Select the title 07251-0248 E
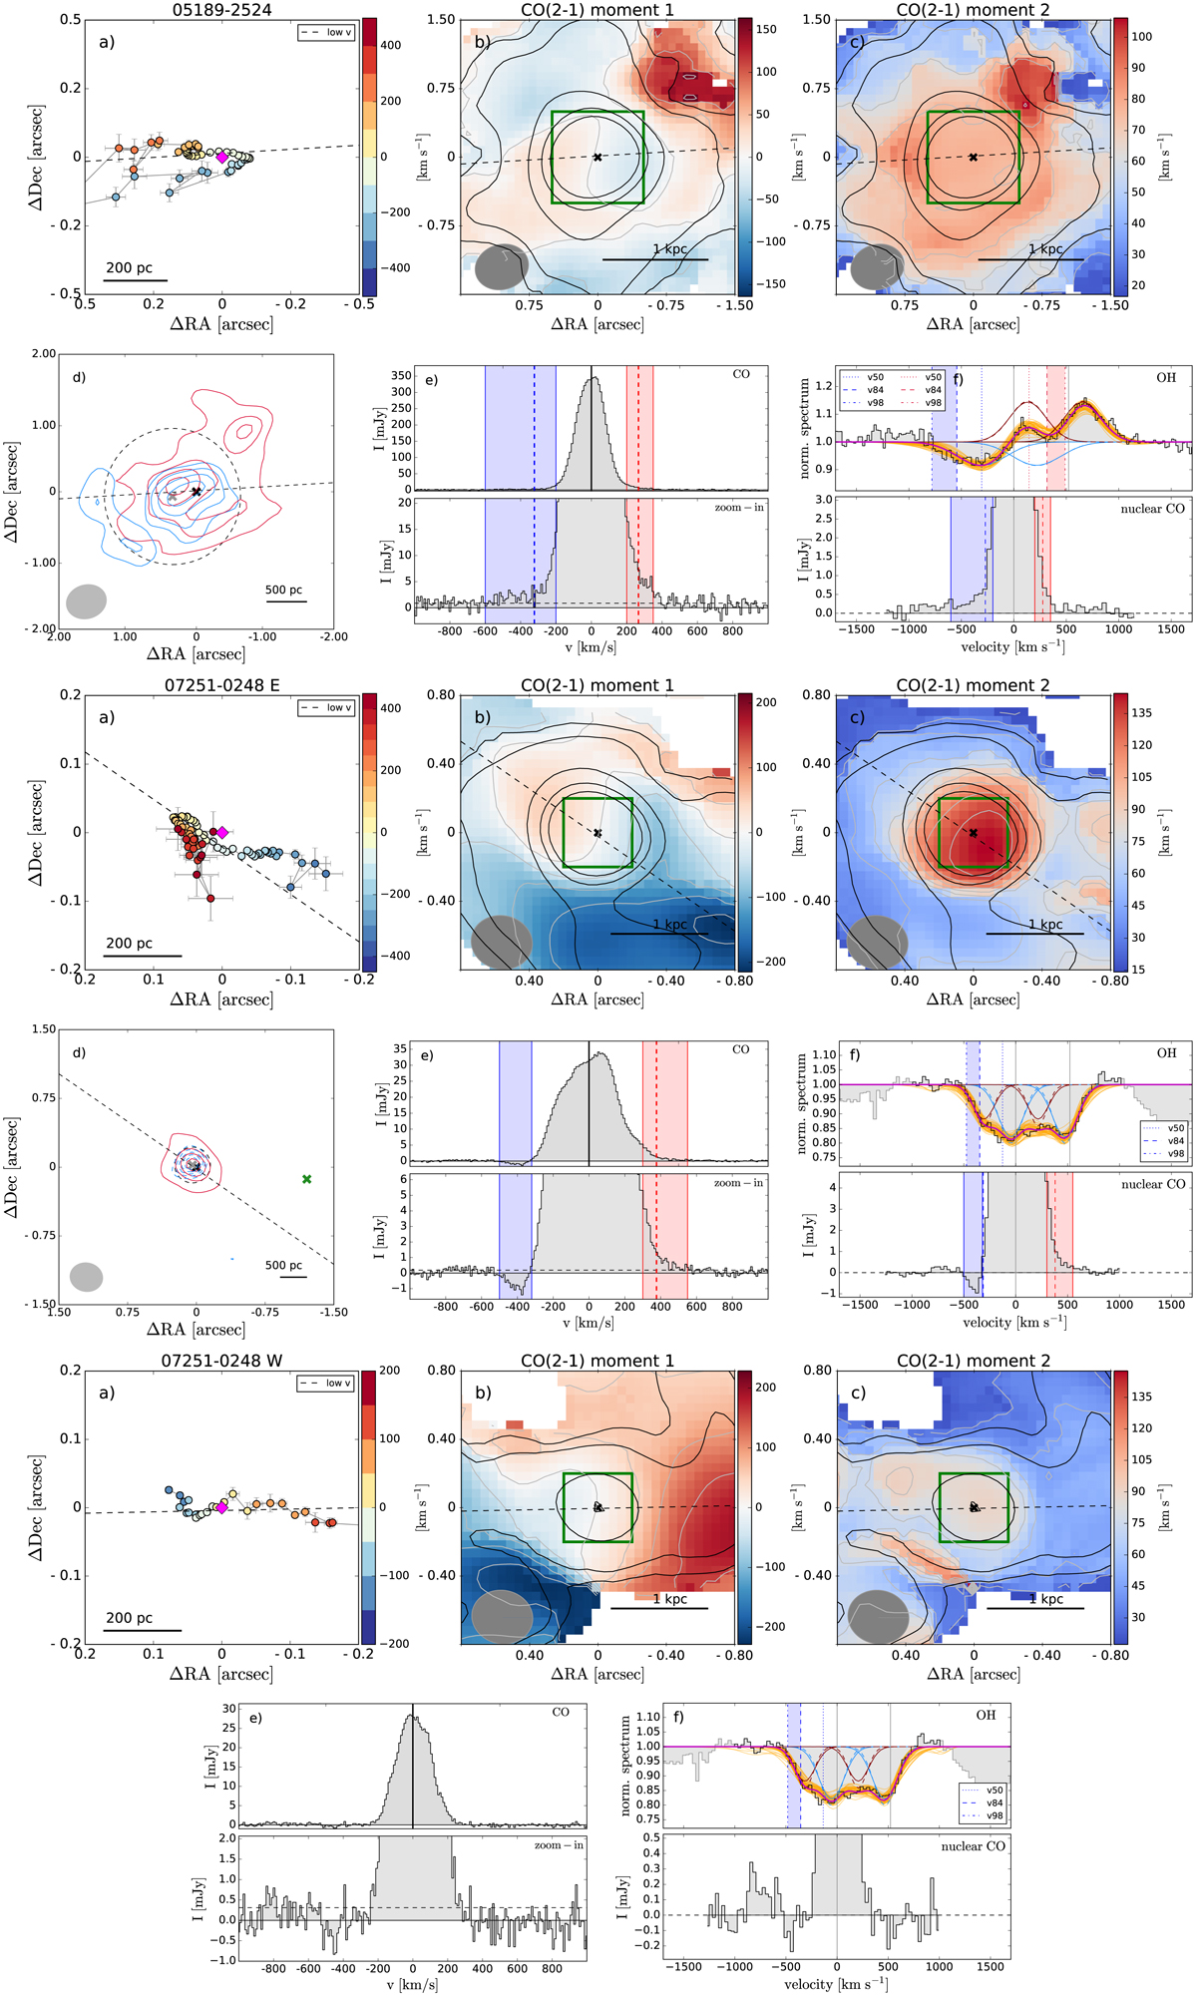tap(221, 685)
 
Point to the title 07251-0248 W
tap(221, 1361)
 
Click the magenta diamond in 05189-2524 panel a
tap(221, 157)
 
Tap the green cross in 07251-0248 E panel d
tap(307, 1179)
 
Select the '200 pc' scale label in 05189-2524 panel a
tap(130, 267)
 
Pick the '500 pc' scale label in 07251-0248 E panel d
tap(284, 1265)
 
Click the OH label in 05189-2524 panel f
tap(1165, 378)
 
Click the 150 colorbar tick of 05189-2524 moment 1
tap(765, 30)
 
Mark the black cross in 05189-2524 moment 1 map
tap(598, 157)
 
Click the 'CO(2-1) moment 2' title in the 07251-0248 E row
tap(973, 685)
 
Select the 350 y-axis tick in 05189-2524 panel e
tap(399, 376)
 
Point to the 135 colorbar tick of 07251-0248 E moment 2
tap(1141, 713)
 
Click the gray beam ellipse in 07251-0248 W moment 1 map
tap(502, 1617)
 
